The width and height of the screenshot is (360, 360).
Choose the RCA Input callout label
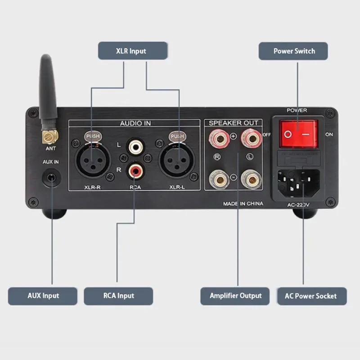tap(118, 296)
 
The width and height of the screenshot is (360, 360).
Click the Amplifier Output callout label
tap(235, 296)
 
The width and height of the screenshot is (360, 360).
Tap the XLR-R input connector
tap(92, 159)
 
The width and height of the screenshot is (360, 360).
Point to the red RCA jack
tap(135, 170)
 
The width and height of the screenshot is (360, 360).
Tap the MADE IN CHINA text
tap(243, 204)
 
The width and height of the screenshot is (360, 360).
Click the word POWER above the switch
tap(297, 110)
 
